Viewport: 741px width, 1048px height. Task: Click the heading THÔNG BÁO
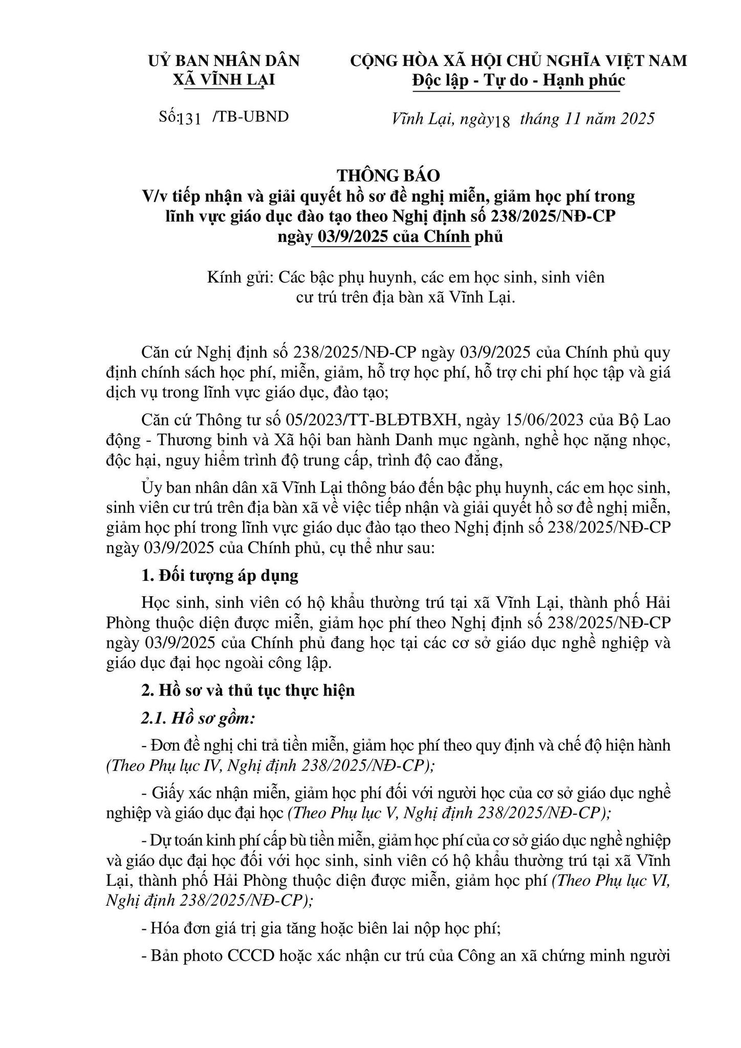(x=388, y=176)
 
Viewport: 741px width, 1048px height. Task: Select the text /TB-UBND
(x=251, y=117)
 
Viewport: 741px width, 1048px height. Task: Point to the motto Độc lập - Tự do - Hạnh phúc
(x=519, y=80)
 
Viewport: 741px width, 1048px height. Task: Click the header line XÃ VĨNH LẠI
(x=224, y=80)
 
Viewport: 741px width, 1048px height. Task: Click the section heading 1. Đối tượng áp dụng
(x=220, y=576)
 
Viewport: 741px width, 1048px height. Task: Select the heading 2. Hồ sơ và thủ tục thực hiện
(x=248, y=690)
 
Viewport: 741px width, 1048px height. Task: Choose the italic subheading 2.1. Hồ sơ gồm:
(x=198, y=718)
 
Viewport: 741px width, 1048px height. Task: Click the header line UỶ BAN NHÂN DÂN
(x=224, y=61)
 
